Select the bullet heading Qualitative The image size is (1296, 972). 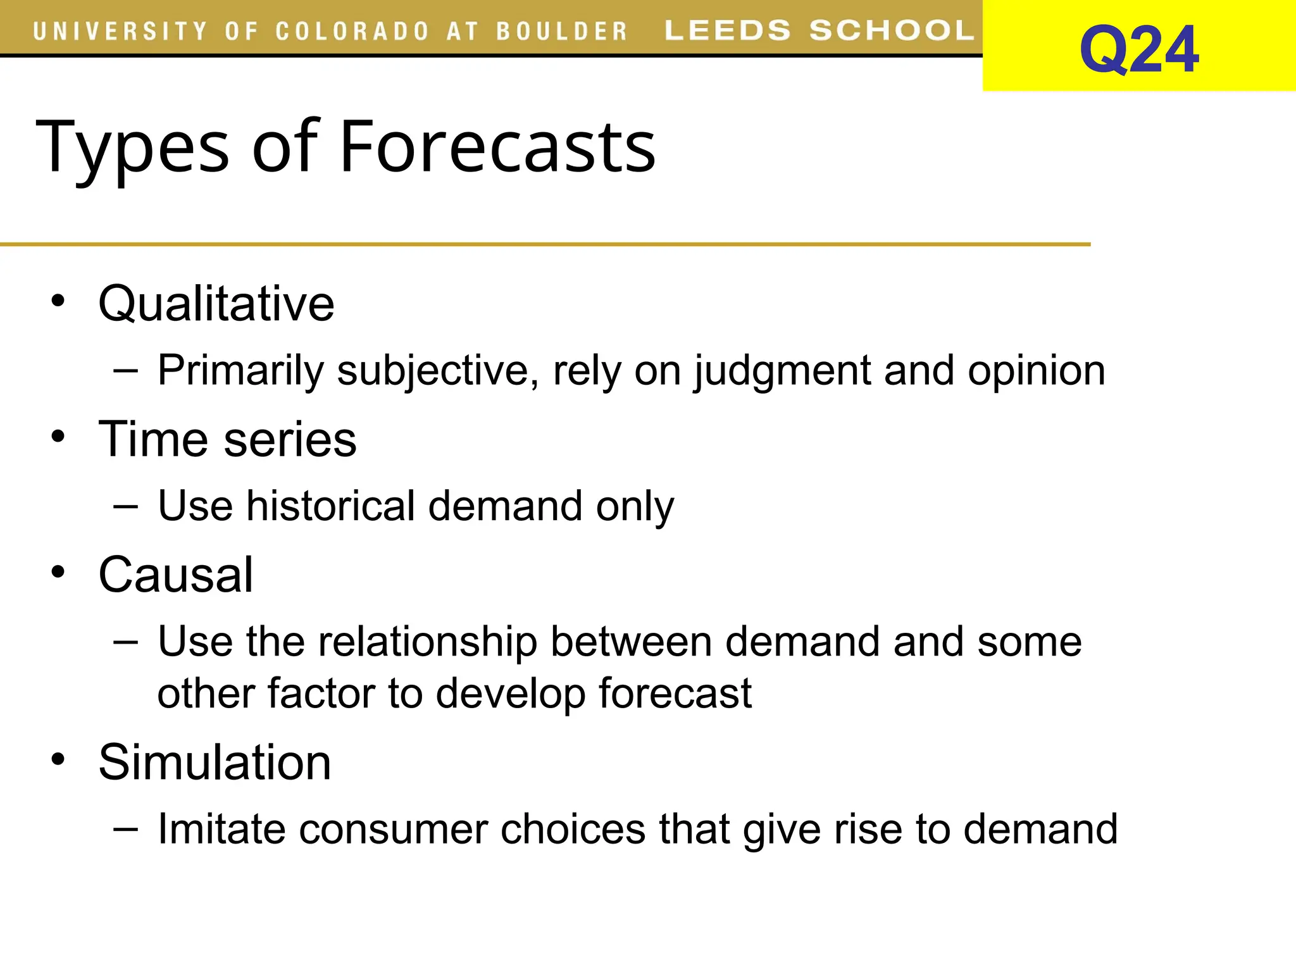pyautogui.click(x=216, y=304)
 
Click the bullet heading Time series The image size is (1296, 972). pyautogui.click(x=227, y=439)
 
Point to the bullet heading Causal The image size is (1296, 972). pyautogui.click(x=176, y=575)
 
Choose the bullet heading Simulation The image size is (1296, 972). pyautogui.click(x=215, y=762)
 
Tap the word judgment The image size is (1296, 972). pyautogui.click(x=783, y=370)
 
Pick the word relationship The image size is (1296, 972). pyautogui.click(x=428, y=642)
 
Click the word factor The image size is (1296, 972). pyautogui.click(x=322, y=693)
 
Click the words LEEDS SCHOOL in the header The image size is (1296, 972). pyautogui.click(x=819, y=30)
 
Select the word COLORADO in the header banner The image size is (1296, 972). pyautogui.click(x=352, y=32)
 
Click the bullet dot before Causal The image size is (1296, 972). pyautogui.click(x=58, y=573)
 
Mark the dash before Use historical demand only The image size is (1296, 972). pyautogui.click(x=125, y=506)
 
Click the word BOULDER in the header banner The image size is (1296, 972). pyautogui.click(x=561, y=32)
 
